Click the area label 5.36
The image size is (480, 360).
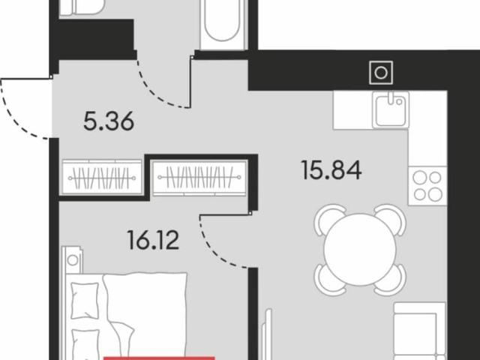tap(109, 121)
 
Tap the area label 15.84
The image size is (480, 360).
tap(331, 170)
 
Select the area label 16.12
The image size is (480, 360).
tap(153, 240)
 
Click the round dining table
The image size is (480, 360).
tap(360, 250)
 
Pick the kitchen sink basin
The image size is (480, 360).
tap(391, 109)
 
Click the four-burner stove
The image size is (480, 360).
tap(427, 186)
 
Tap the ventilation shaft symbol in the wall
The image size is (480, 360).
tap(381, 73)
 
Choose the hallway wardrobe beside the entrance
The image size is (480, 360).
tap(102, 178)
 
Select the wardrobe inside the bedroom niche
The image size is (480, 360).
tap(199, 178)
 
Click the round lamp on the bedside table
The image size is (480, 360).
tap(73, 260)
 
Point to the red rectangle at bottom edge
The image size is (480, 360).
tap(159, 358)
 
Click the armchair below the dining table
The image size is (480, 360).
tap(419, 331)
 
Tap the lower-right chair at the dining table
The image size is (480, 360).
tap(390, 280)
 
